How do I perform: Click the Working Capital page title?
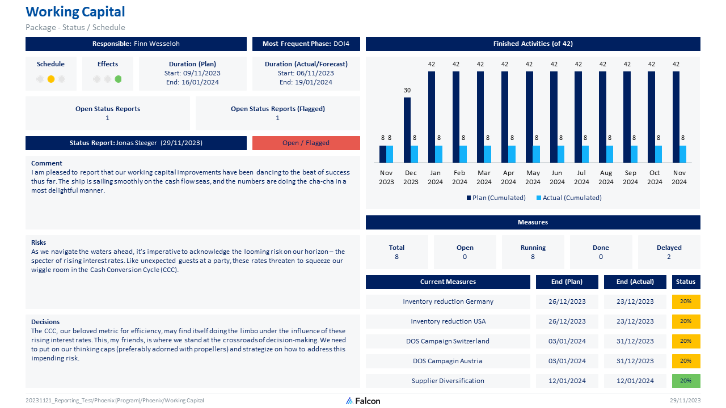click(75, 12)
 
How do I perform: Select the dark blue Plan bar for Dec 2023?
click(407, 130)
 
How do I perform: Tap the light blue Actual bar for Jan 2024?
click(438, 154)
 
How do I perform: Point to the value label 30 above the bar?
click(407, 91)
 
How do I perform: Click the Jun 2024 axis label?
click(557, 177)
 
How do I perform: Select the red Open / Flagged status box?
click(306, 143)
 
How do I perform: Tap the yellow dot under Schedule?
click(51, 79)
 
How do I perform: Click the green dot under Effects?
click(118, 79)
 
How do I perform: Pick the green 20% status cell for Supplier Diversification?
click(686, 381)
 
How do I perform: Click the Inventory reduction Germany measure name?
click(448, 301)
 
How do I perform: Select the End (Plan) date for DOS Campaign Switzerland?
click(567, 341)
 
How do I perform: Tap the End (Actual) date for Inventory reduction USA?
click(635, 321)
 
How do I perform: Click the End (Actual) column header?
click(635, 282)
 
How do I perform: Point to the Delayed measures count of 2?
click(669, 257)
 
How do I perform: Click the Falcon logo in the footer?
click(363, 401)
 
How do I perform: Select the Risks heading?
click(39, 243)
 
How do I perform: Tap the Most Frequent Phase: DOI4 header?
click(306, 44)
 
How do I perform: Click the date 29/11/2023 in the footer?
click(685, 401)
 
